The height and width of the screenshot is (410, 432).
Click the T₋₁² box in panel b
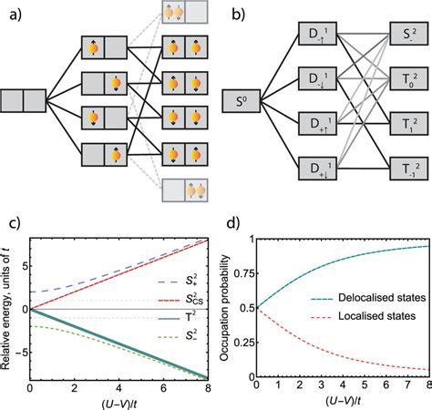[x=396, y=169]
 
